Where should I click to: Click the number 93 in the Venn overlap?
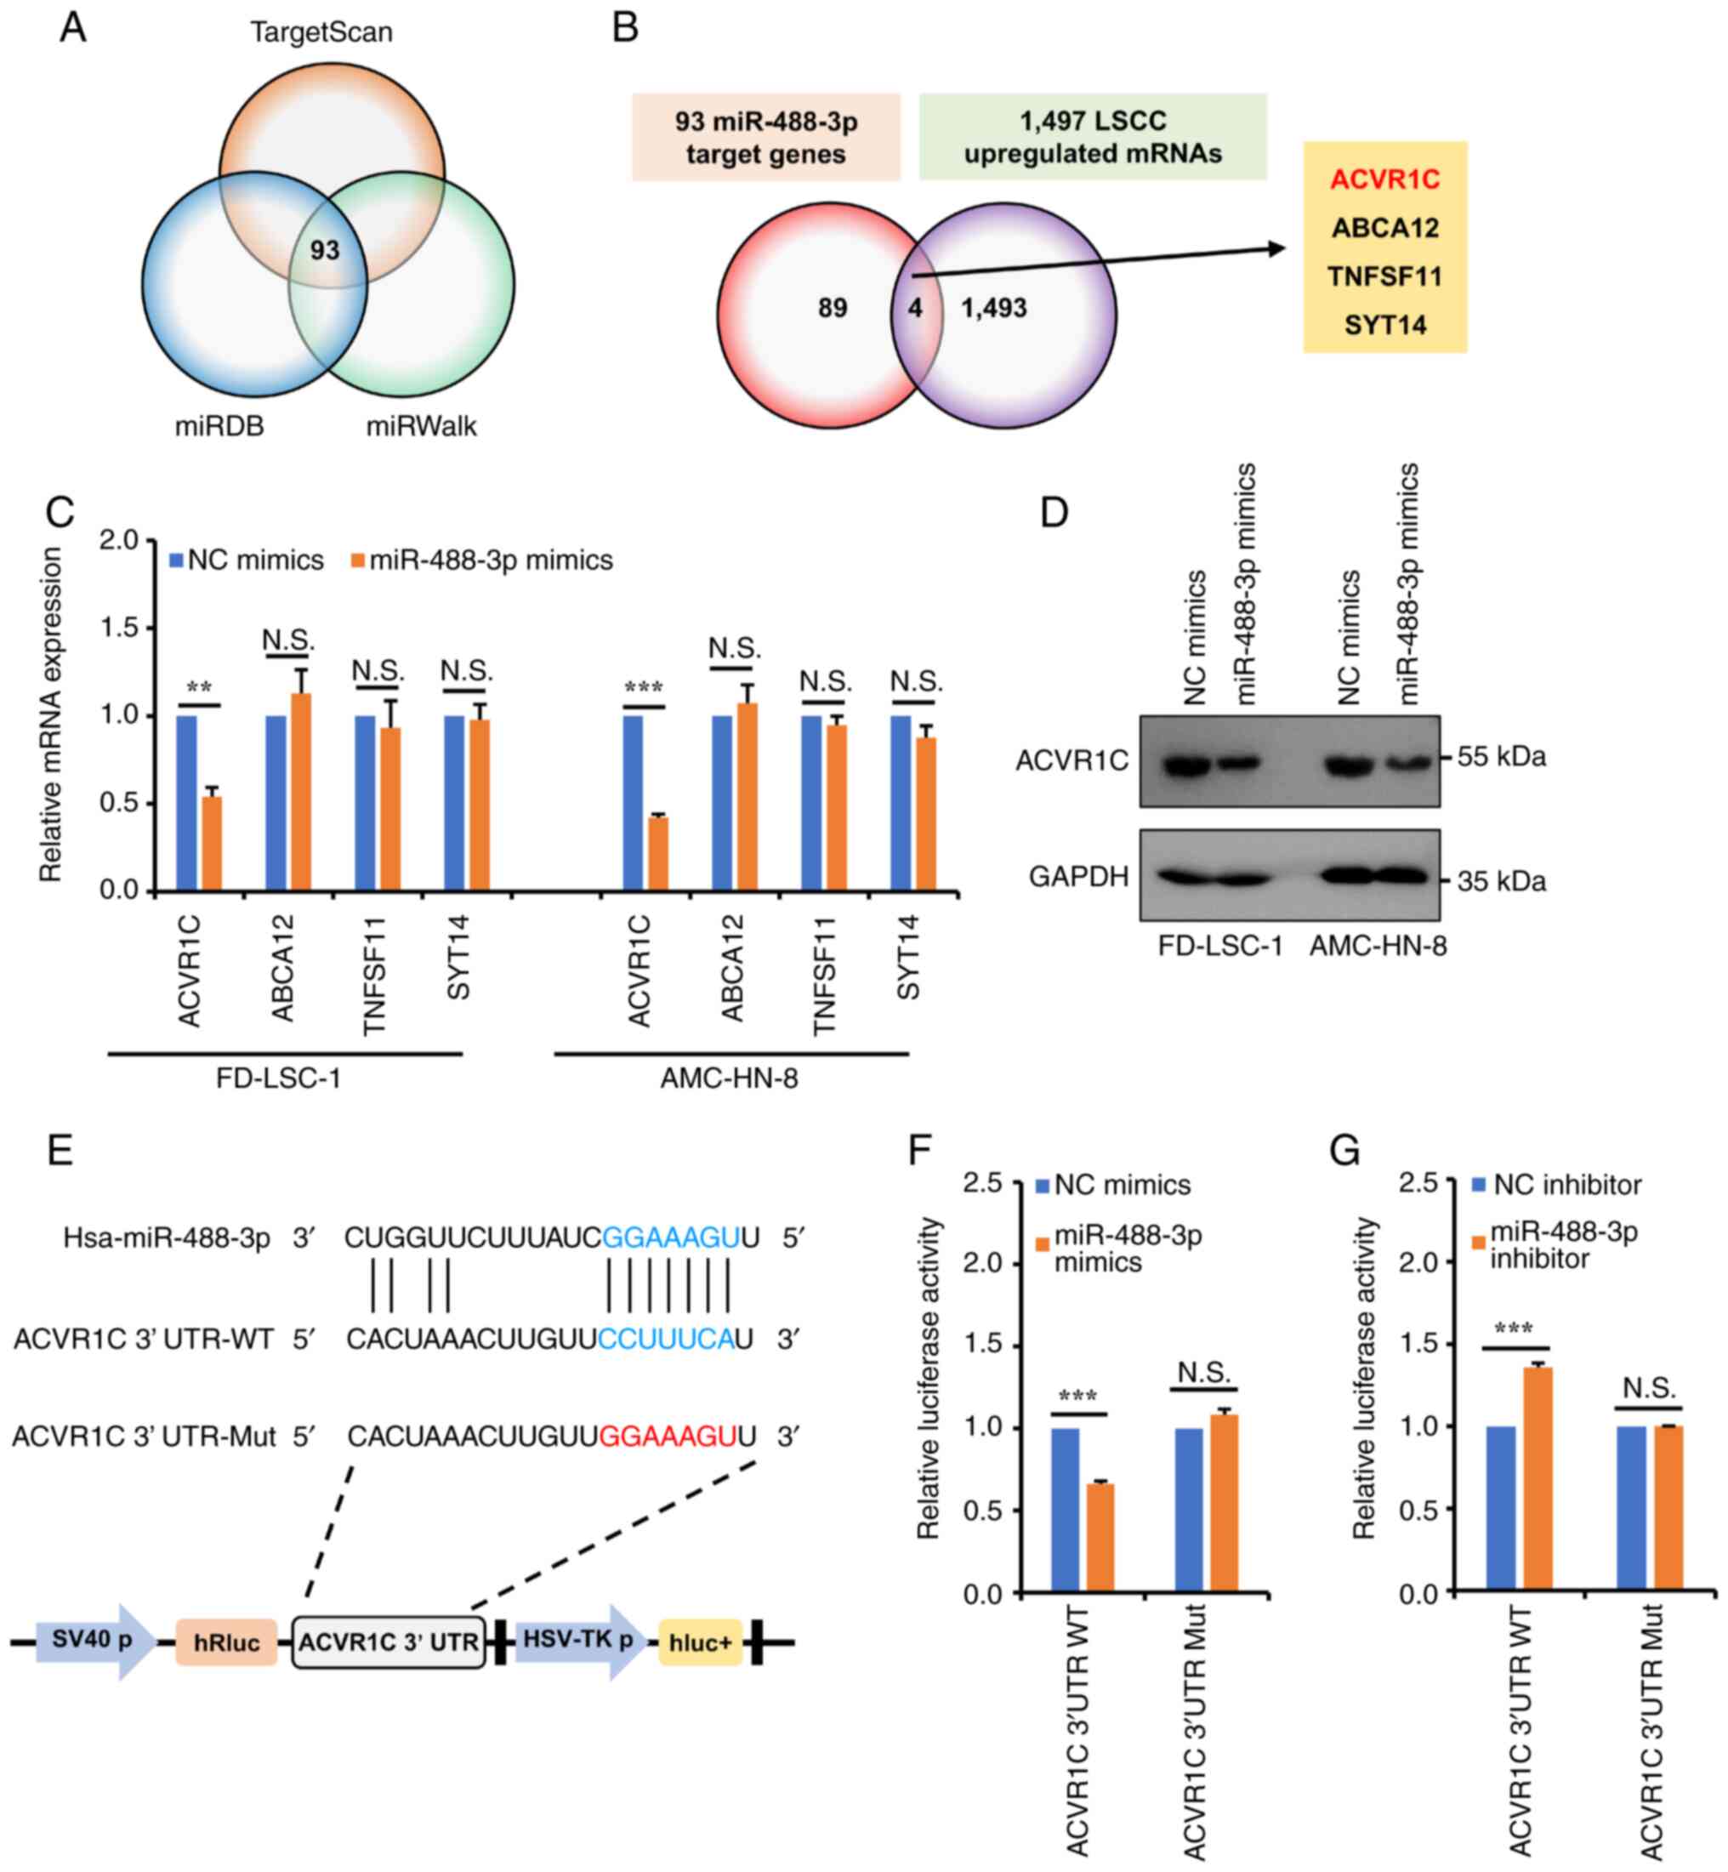coord(325,251)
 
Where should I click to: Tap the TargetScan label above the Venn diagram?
coord(321,32)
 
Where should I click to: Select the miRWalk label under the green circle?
coord(421,427)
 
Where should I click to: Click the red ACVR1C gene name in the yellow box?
coord(1384,179)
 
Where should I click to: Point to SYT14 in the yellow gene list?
coord(1384,326)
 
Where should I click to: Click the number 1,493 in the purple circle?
coord(994,308)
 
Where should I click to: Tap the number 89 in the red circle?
coord(833,308)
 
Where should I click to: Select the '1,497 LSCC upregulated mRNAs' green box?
coord(1092,137)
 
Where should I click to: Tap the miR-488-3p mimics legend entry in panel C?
coord(481,561)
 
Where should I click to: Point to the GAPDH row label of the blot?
coord(1078,876)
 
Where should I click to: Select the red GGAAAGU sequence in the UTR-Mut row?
coord(667,1436)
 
